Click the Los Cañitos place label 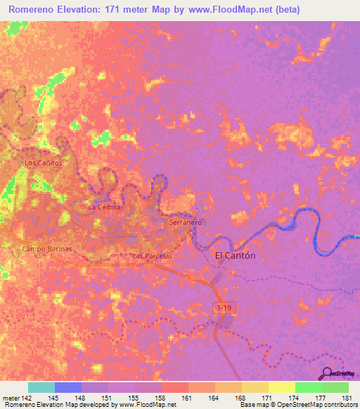(x=44, y=163)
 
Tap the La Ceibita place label (x=105, y=208)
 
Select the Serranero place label (x=186, y=222)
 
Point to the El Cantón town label (x=235, y=256)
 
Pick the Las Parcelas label (x=153, y=257)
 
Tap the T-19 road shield (x=223, y=307)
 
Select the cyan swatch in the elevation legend (x=41, y=387)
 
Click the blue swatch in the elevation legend (x=68, y=387)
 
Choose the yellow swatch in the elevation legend (x=282, y=387)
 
